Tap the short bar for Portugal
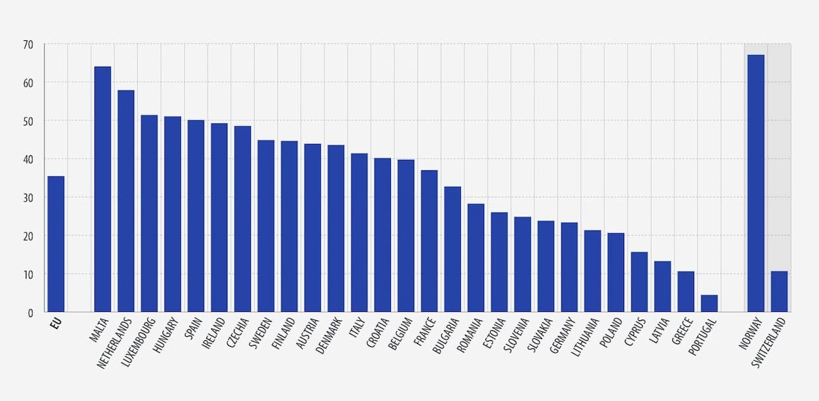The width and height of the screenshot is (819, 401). (709, 303)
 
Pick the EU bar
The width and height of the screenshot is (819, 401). (56, 244)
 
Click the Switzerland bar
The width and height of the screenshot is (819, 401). (779, 291)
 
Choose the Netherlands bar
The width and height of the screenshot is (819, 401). (126, 201)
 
